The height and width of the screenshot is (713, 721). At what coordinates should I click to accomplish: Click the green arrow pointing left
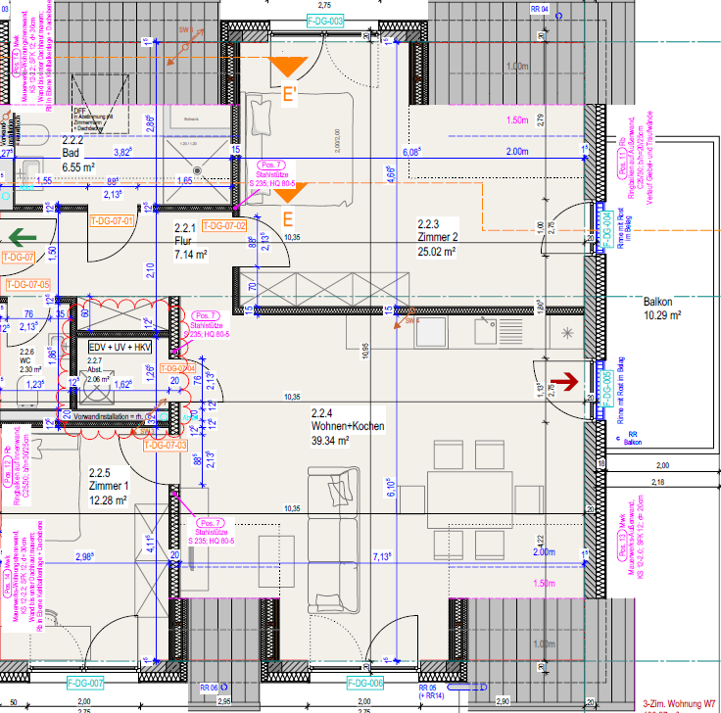coord(22,237)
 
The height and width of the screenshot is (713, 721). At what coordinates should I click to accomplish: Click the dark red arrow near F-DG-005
coord(565,379)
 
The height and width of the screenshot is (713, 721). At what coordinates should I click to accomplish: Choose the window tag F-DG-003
coord(325,21)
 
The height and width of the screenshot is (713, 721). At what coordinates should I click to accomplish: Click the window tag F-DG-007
coord(85,682)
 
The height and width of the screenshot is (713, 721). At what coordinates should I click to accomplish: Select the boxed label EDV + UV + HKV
coord(120,347)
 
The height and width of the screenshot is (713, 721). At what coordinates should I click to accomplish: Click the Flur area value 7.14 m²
coord(189,255)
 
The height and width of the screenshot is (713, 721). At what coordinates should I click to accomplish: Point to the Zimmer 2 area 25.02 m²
coord(439,252)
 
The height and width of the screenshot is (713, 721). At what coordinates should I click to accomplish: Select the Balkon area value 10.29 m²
coord(662,316)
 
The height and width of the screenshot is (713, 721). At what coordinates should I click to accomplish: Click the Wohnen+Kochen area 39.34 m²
coord(335,441)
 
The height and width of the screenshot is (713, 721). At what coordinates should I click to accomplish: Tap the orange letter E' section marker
coord(291,96)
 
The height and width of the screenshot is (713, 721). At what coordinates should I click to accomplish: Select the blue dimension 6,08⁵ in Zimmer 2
coord(411,152)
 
